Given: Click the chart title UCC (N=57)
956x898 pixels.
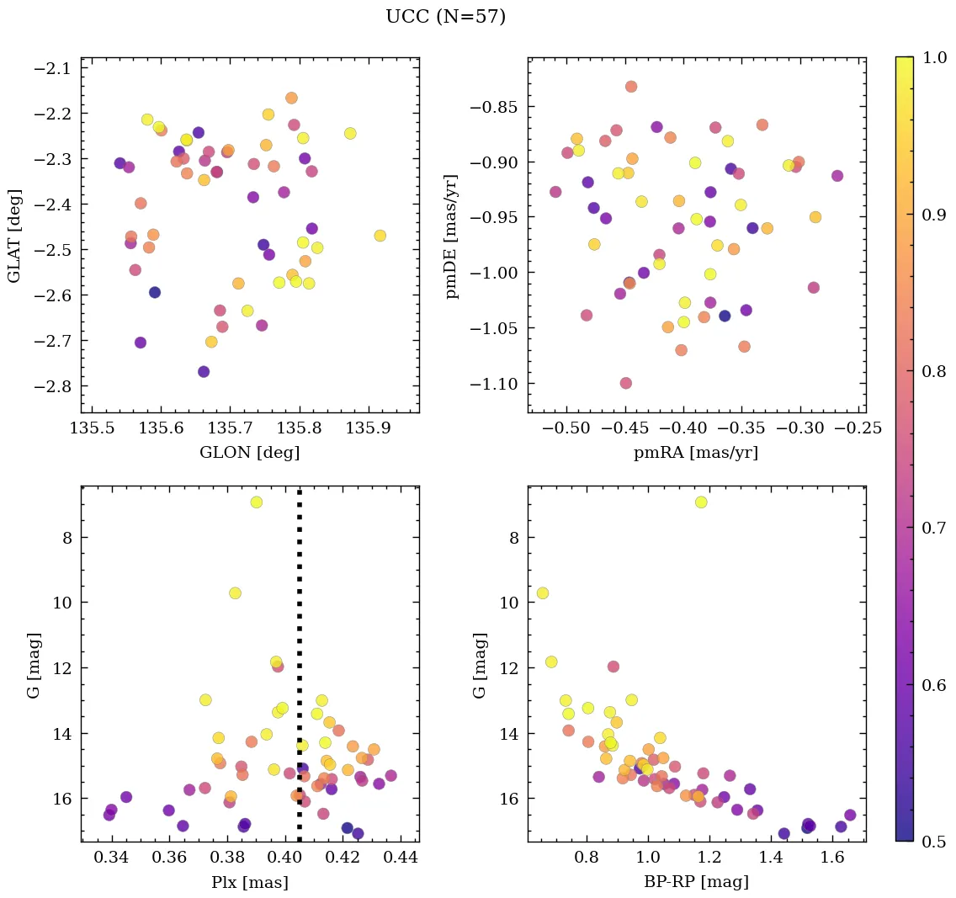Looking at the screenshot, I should coord(445,17).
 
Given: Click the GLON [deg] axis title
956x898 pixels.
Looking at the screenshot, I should coord(249,452).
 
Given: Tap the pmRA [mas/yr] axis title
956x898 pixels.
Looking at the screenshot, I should coord(696,452).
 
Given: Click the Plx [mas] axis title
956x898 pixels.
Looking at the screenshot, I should coord(249,882).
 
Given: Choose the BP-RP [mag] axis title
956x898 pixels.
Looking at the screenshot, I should coord(696,882).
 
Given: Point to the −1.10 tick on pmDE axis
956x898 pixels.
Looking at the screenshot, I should coord(493,384).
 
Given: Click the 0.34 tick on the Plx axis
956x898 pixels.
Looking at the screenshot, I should coord(112,858).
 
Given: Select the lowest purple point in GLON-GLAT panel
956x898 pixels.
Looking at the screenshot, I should coord(204,371).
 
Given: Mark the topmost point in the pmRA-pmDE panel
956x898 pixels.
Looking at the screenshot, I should coord(631,87).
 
